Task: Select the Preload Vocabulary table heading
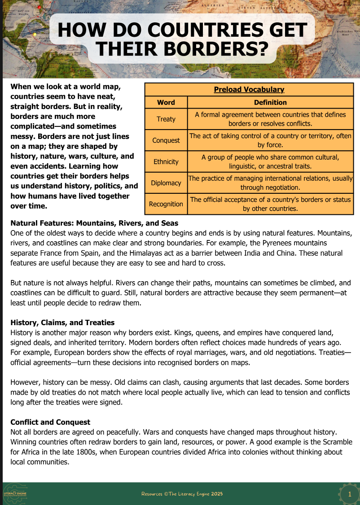tap(249, 90)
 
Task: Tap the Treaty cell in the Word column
tap(166, 119)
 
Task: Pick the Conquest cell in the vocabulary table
tap(166, 140)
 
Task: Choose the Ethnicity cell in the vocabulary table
tap(166, 161)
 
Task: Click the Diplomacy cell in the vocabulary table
tap(166, 183)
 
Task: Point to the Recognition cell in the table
tap(166, 204)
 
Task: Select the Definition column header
tap(270, 102)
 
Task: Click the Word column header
tap(166, 102)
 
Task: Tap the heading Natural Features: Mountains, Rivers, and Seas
tap(94, 223)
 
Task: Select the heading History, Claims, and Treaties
tap(62, 322)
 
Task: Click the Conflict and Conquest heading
tap(50, 422)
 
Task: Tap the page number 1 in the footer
tap(350, 494)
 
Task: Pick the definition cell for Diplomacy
tap(270, 183)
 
